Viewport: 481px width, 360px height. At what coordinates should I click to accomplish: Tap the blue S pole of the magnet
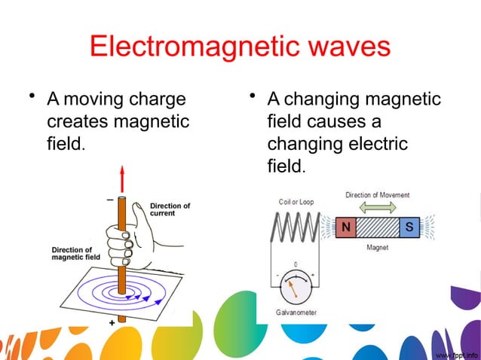click(409, 226)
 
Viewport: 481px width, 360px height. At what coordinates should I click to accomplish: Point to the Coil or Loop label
click(296, 201)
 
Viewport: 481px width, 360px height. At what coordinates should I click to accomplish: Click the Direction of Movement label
click(378, 195)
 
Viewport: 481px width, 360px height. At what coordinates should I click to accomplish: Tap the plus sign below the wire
click(111, 322)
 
